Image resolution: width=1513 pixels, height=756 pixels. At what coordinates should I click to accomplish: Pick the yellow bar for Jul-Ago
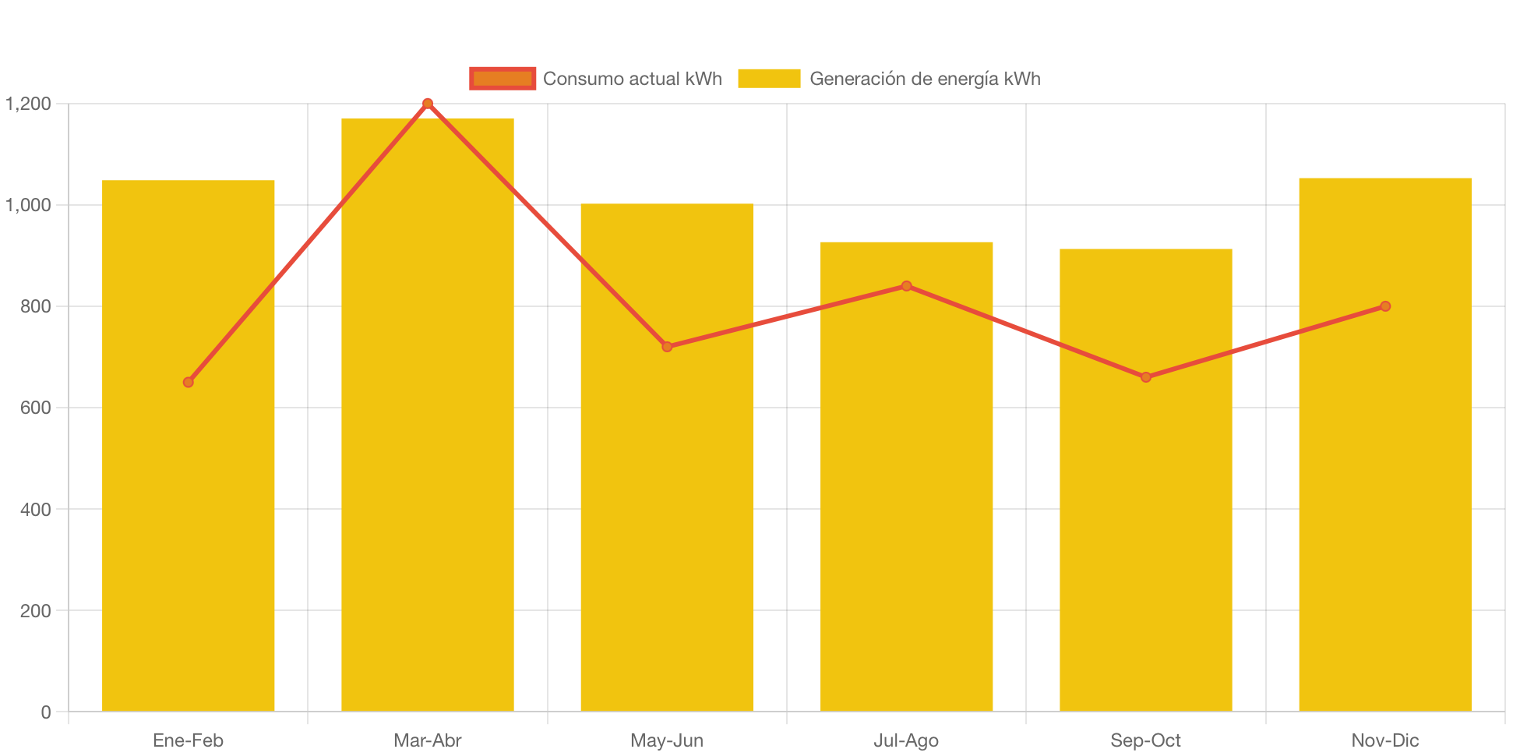click(x=906, y=507)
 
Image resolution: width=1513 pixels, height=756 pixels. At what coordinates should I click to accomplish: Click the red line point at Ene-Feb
click(x=188, y=382)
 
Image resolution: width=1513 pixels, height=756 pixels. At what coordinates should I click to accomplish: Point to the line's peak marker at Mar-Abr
click(x=427, y=103)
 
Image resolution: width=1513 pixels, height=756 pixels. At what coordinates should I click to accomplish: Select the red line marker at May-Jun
click(x=666, y=347)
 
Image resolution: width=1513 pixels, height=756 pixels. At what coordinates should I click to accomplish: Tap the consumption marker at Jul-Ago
click(x=906, y=286)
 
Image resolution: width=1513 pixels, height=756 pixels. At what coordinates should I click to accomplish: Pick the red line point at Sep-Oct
click(x=1145, y=377)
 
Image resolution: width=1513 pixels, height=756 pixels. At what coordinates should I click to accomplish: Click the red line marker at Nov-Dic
click(x=1384, y=306)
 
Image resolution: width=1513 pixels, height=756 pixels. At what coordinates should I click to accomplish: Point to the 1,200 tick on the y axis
click(x=28, y=104)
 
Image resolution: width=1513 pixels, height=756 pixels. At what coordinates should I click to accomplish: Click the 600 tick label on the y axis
click(x=35, y=408)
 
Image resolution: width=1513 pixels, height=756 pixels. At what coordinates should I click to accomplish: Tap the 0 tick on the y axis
click(x=45, y=712)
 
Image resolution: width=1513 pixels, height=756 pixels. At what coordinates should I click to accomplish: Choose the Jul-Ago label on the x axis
click(x=906, y=740)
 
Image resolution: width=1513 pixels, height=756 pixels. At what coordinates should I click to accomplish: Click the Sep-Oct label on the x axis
click(x=1145, y=740)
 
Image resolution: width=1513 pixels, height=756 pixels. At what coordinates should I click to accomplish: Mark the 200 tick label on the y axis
click(x=35, y=611)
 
